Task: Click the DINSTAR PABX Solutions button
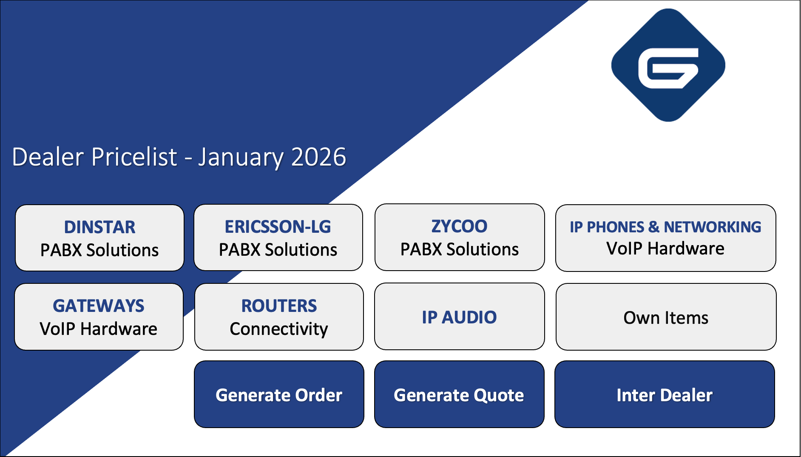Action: coord(99,238)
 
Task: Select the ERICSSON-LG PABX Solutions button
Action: coord(278,237)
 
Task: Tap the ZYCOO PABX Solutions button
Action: coord(460,237)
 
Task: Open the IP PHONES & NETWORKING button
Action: coord(666,238)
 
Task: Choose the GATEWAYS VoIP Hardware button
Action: coord(99,317)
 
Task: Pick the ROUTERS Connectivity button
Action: coord(279,317)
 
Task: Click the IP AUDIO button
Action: coord(460,317)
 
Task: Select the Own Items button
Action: coord(666,317)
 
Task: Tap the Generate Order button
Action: coord(279,394)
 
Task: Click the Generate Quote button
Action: coord(459,394)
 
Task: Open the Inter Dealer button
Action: coord(665,394)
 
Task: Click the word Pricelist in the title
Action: coord(134,157)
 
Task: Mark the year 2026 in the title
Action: coord(319,157)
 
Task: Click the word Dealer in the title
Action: coord(48,157)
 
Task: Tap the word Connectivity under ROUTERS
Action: coord(279,329)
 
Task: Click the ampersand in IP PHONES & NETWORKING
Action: coord(654,227)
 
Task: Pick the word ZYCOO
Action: coord(460,226)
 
